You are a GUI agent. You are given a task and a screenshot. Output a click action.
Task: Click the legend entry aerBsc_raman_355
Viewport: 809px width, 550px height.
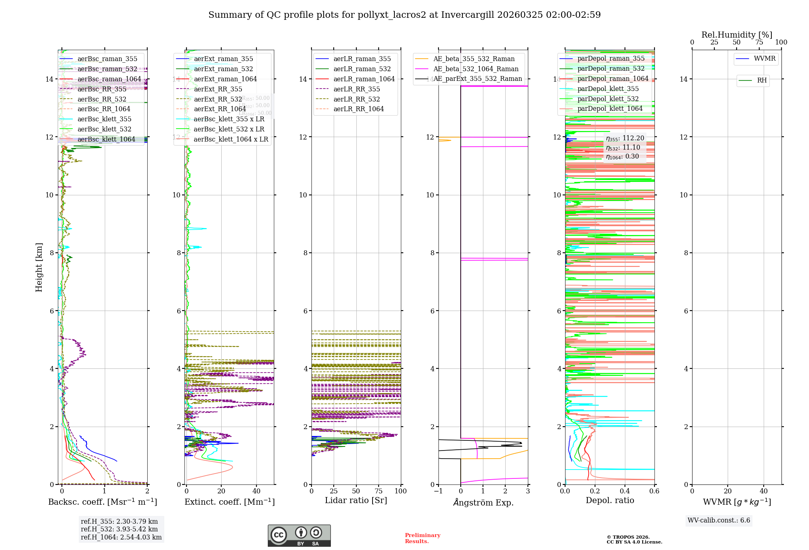tap(107, 59)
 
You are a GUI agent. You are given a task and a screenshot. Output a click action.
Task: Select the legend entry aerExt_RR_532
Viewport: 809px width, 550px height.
tap(218, 99)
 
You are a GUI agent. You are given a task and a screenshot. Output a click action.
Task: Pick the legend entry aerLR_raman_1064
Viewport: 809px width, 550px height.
tap(364, 79)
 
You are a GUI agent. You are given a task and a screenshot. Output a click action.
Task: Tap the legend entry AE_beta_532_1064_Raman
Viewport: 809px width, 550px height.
tap(476, 69)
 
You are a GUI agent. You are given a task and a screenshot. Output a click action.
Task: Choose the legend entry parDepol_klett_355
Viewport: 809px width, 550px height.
tap(608, 89)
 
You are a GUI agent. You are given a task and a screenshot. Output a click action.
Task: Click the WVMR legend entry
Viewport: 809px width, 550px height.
tap(764, 59)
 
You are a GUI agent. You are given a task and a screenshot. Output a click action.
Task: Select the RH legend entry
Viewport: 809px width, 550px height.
tap(762, 80)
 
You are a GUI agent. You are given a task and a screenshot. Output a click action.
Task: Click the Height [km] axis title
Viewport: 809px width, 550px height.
tap(39, 267)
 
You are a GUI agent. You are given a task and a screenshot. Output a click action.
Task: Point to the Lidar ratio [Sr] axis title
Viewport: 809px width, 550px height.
tap(356, 501)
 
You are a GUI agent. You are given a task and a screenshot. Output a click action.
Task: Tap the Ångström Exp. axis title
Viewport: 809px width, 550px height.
tap(483, 502)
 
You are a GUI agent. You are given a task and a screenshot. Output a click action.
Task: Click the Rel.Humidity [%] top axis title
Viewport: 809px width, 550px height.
tap(737, 35)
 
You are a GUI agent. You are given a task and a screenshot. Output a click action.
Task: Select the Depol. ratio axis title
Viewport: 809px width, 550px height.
tap(610, 501)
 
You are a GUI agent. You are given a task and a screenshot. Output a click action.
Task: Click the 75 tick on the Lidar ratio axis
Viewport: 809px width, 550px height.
tap(379, 491)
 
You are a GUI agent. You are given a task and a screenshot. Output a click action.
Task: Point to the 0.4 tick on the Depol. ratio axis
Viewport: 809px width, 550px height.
tap(625, 491)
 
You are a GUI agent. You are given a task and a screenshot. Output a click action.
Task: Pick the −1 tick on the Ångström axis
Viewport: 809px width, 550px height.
tap(438, 491)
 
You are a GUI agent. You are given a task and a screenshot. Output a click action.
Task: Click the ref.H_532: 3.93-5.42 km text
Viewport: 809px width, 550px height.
tap(119, 529)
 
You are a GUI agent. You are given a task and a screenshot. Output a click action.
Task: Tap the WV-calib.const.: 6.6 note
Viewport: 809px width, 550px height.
tap(719, 520)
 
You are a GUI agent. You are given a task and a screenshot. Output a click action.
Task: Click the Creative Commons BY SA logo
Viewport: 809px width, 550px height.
tap(299, 536)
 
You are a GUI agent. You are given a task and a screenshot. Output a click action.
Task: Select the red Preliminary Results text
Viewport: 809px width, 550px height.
tap(422, 538)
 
